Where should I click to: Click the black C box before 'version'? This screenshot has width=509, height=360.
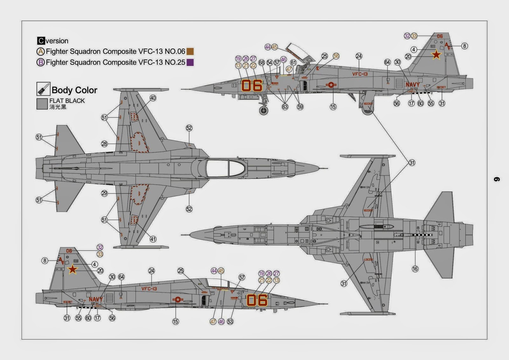41,41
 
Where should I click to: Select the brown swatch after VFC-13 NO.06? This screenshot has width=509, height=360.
190,52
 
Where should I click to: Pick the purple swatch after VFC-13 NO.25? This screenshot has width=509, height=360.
190,62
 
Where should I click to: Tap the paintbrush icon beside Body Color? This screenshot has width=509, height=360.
43,89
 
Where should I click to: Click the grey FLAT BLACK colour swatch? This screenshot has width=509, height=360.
42,104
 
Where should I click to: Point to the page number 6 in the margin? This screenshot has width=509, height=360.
497,180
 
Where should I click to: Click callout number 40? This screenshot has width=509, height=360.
153,98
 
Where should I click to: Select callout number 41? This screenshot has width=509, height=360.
153,239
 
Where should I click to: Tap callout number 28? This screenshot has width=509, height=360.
104,144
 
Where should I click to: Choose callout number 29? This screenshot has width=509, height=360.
104,193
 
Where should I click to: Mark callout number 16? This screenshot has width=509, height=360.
415,269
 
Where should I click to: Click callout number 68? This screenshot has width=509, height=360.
261,63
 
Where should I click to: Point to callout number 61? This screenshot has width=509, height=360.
293,63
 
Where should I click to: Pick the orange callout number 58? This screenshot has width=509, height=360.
336,56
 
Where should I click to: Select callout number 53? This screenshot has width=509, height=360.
230,322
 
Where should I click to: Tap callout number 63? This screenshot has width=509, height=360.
285,107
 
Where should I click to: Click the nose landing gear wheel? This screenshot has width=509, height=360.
264,111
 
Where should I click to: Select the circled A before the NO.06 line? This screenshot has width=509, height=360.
41,52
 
